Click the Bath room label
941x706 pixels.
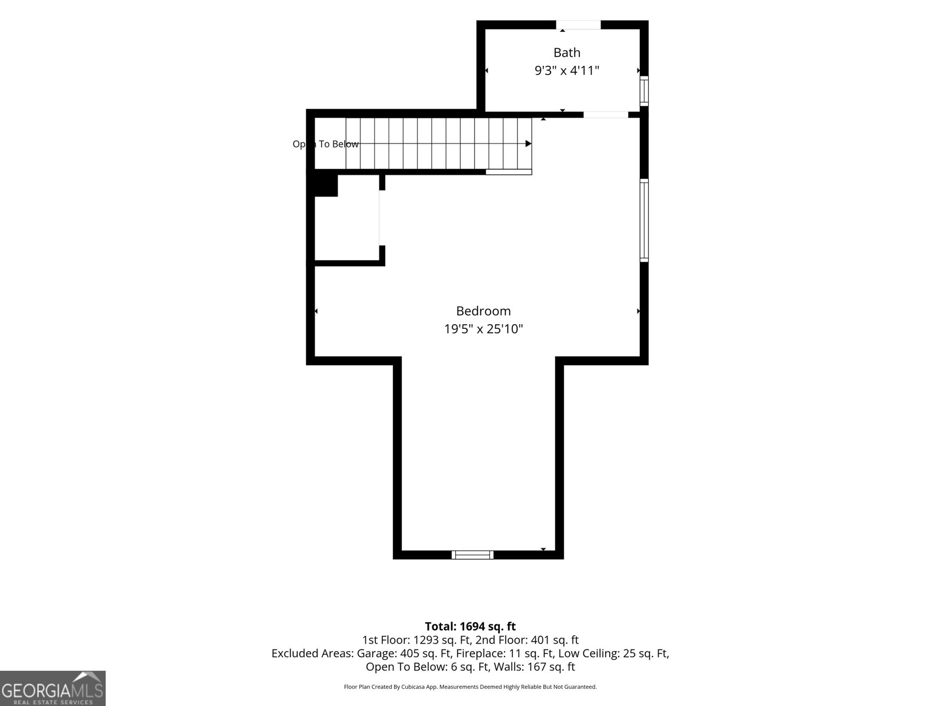point(566,53)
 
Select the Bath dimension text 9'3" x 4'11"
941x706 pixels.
point(566,70)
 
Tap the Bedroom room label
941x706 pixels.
point(483,311)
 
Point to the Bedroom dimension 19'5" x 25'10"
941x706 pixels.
point(483,329)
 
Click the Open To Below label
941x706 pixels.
point(325,144)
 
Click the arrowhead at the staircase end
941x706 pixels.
point(529,144)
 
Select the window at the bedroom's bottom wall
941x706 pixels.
point(472,555)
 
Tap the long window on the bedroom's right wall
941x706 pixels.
point(644,220)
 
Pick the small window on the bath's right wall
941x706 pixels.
point(644,91)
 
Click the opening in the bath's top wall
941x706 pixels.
point(578,25)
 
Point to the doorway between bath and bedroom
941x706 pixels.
point(606,115)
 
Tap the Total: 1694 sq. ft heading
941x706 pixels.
point(470,626)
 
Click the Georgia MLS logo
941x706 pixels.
point(53,688)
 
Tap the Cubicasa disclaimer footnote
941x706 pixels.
point(470,687)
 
